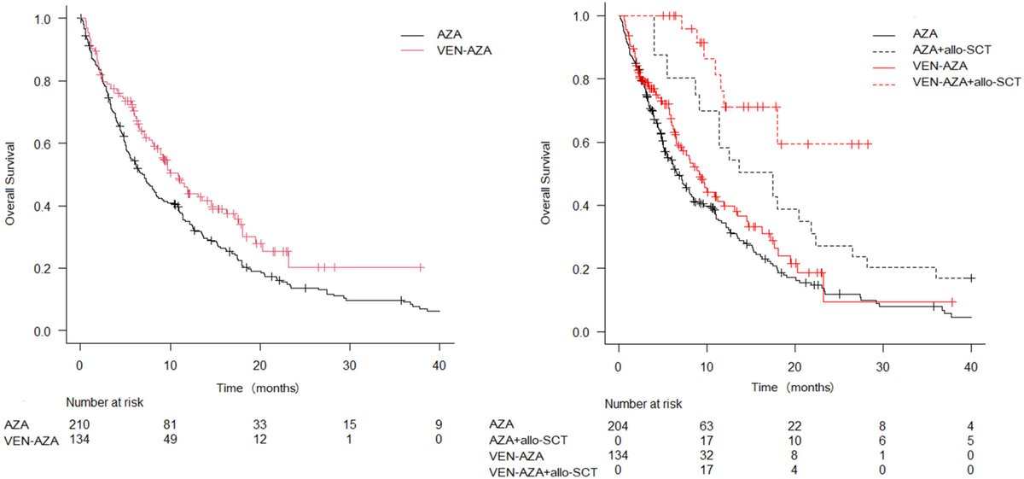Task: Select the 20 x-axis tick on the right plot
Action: [x=794, y=356]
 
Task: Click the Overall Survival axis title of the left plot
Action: [x=11, y=174]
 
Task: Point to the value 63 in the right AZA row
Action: [x=707, y=423]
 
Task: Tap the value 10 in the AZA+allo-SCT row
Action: [x=794, y=439]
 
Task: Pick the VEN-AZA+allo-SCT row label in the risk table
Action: [x=543, y=470]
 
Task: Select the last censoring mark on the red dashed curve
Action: [x=868, y=144]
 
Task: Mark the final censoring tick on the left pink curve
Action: [x=421, y=267]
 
